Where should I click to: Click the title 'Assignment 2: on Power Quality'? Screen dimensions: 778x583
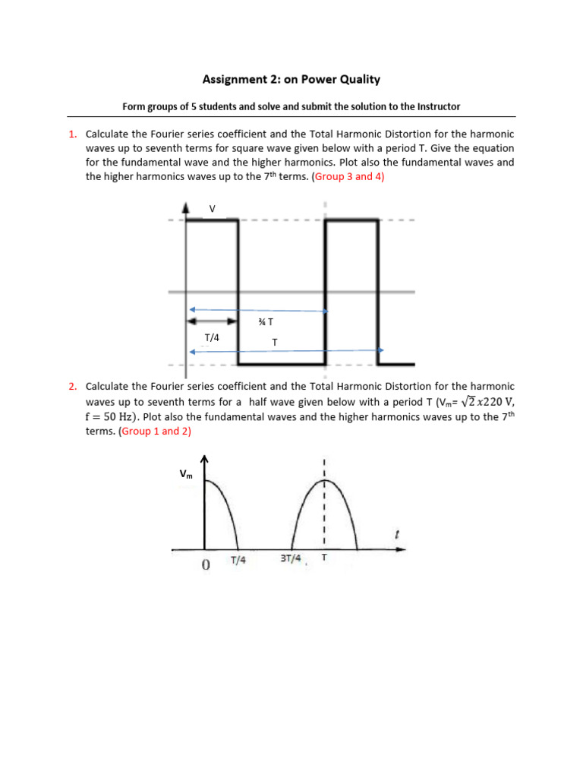click(x=291, y=79)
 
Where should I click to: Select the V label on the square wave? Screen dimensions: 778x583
click(x=212, y=208)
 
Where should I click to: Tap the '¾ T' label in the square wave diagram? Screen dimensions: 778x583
click(x=266, y=322)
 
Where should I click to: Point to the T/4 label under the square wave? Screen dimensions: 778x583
click(x=212, y=337)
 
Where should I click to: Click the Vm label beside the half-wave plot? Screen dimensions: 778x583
click(x=186, y=474)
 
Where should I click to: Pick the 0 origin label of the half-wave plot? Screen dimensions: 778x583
click(x=205, y=565)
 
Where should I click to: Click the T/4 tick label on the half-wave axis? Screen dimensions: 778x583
click(x=238, y=561)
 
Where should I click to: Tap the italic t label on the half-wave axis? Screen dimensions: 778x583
click(x=396, y=536)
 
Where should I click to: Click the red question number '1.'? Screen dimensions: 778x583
click(x=73, y=134)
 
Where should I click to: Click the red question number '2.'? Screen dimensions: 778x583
click(x=73, y=387)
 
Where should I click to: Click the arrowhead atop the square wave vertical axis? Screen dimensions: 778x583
click(x=186, y=207)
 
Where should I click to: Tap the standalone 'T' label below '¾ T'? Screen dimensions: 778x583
click(x=275, y=343)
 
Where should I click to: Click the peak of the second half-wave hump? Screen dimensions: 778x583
click(x=324, y=482)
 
